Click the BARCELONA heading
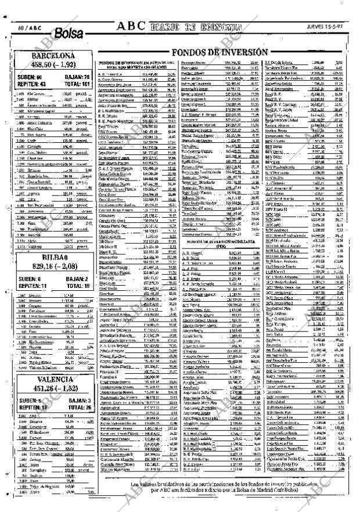[x=51, y=57]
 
